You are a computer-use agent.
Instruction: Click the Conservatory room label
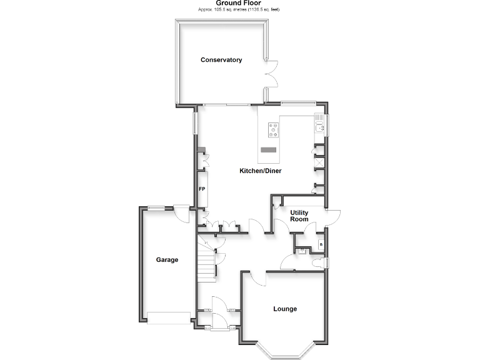(221, 60)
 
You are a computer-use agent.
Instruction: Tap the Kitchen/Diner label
(261, 171)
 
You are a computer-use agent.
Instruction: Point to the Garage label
(167, 260)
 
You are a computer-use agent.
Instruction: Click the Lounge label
(285, 309)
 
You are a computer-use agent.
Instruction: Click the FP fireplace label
(202, 189)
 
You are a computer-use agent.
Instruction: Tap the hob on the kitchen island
(273, 130)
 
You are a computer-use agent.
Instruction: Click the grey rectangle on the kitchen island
(269, 149)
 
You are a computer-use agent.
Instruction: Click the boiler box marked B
(321, 244)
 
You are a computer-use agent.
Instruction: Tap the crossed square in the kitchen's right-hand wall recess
(319, 162)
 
